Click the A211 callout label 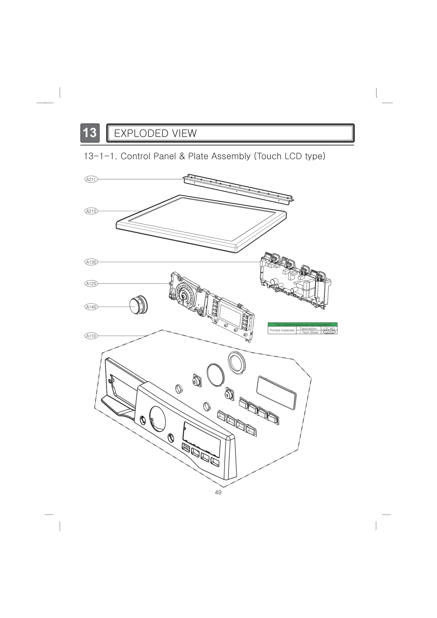click(91, 179)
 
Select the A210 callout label click(91, 211)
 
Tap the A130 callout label click(91, 262)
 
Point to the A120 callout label click(91, 284)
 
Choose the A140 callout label click(91, 307)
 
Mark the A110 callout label click(91, 336)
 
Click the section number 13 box click(90, 133)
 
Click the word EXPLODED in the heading click(138, 134)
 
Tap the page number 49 click(218, 492)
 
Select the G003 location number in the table click(329, 332)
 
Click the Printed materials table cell click(282, 330)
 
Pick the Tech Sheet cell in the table click(309, 332)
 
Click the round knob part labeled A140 click(138, 305)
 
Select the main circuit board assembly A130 click(295, 281)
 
